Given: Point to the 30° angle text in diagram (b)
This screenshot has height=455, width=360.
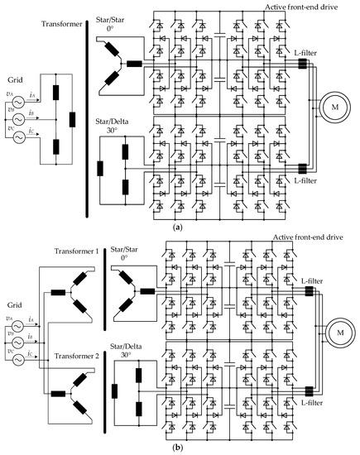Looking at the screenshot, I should click(137, 353).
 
